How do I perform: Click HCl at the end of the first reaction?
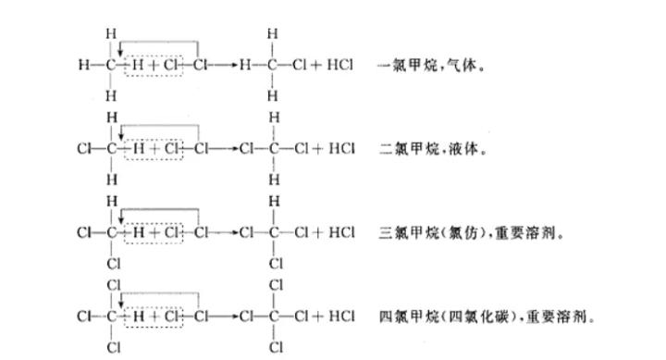pos(341,67)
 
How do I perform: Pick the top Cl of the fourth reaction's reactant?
pos(113,284)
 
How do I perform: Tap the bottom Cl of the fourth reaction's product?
pos(276,348)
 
